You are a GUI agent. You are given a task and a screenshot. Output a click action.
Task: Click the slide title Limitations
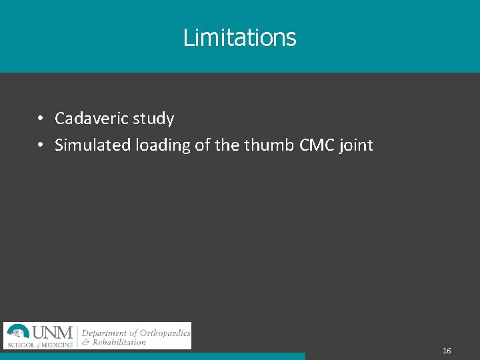pos(239,37)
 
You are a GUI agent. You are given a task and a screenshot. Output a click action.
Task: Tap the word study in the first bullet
pos(153,119)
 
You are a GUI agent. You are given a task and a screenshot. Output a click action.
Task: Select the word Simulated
pos(93,145)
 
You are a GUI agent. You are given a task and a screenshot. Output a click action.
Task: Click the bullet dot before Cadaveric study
pos(41,119)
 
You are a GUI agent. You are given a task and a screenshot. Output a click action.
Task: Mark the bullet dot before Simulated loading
pos(41,145)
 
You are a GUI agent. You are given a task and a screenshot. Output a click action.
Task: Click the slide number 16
pos(447,351)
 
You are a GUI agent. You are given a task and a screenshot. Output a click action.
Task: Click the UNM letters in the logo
pos(53,332)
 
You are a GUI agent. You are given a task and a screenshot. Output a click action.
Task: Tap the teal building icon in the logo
pos(18,332)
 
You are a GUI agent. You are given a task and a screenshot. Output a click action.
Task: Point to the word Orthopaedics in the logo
pos(165,333)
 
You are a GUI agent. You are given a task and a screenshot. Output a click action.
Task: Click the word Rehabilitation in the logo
pos(120,342)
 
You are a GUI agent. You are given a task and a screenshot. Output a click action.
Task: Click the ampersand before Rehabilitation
pos(86,342)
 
